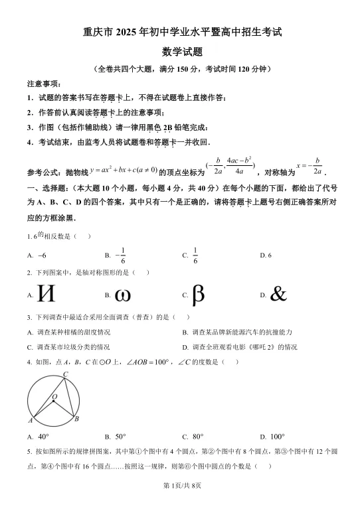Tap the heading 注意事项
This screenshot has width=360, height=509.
pos(43,84)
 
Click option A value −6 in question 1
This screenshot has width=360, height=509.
pos(42,255)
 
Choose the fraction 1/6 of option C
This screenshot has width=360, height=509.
pos(195,255)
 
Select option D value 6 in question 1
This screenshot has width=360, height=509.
pos(269,255)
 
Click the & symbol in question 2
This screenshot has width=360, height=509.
pos(278,294)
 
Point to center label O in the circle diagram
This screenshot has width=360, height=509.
pos(54,396)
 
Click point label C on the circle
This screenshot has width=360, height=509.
pos(66,375)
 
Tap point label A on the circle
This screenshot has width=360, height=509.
pos(31,420)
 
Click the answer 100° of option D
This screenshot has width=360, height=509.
pos(277,437)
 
